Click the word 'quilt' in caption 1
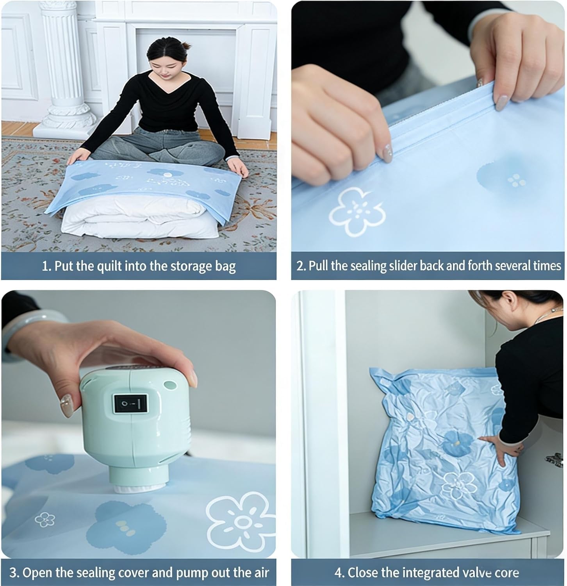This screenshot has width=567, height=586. tap(110, 266)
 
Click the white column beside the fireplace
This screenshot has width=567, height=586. tap(64, 64)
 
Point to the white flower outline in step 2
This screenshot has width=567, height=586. tap(357, 211)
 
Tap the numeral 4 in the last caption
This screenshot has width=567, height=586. tap(338, 573)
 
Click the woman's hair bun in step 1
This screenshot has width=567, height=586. tap(186, 46)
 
